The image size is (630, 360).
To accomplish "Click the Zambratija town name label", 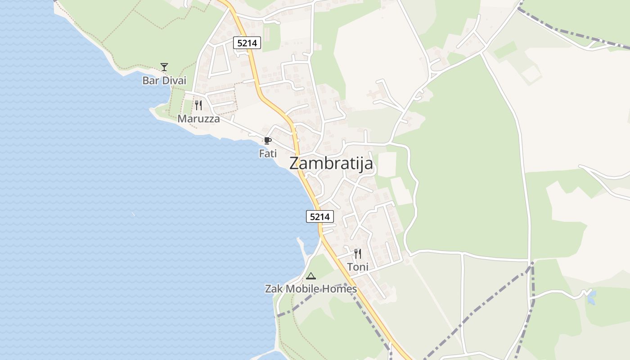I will (331, 163).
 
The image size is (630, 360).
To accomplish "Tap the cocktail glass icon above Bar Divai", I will (164, 67).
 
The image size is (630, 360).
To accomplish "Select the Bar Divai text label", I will (164, 81).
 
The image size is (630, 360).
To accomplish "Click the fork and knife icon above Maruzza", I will (198, 105).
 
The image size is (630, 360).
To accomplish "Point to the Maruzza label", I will (198, 119).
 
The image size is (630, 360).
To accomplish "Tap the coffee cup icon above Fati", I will (268, 140).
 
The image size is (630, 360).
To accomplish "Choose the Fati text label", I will (268, 153).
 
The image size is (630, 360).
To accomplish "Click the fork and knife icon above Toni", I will (358, 254).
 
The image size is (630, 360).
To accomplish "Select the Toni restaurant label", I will (358, 267).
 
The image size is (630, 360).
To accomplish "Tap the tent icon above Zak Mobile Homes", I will (310, 276).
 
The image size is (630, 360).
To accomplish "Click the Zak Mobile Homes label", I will (310, 289).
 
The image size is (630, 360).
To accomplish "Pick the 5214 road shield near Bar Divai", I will (247, 43).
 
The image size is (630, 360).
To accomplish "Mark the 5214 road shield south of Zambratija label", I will (320, 216).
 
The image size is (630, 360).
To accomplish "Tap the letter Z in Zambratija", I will (295, 163).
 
